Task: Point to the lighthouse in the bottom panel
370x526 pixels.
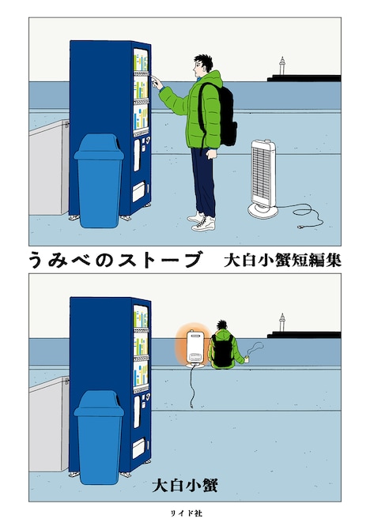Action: click(281, 322)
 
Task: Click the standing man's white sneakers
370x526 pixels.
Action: click(202, 220)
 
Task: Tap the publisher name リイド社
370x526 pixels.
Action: click(185, 513)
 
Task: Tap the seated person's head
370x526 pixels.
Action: click(225, 326)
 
